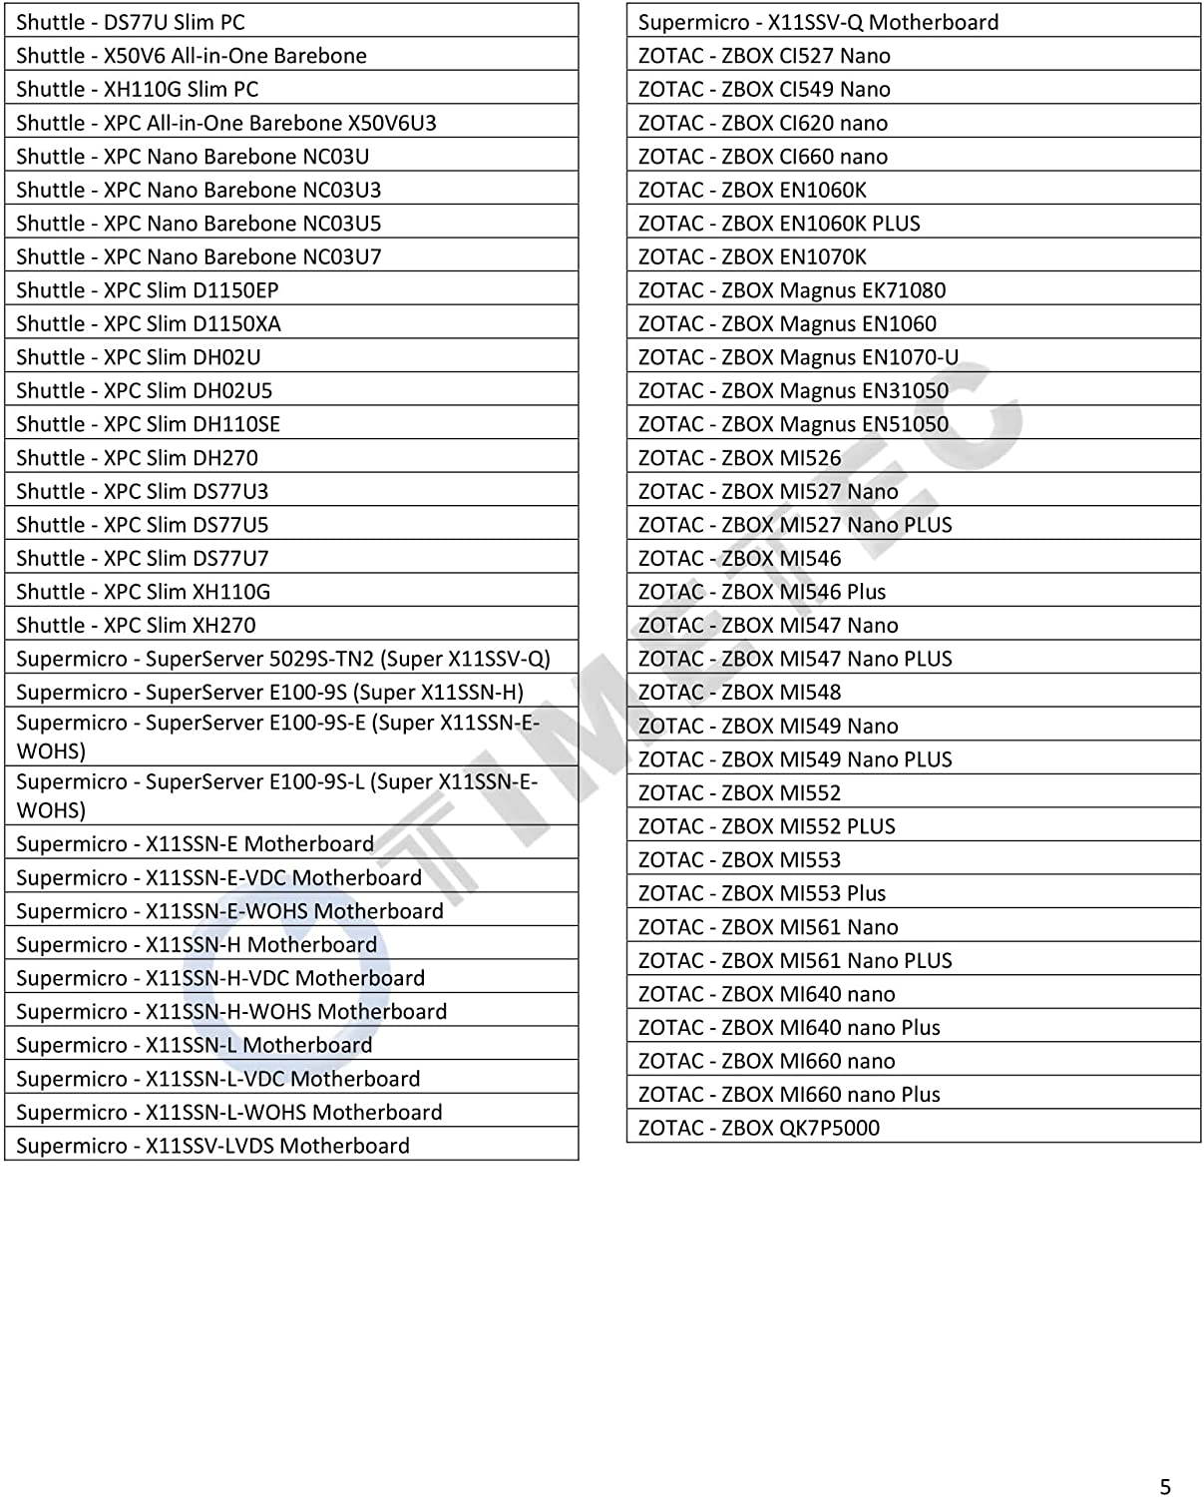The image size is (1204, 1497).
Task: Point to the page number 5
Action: [x=1165, y=1486]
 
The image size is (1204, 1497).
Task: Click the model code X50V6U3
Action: [x=392, y=123]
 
